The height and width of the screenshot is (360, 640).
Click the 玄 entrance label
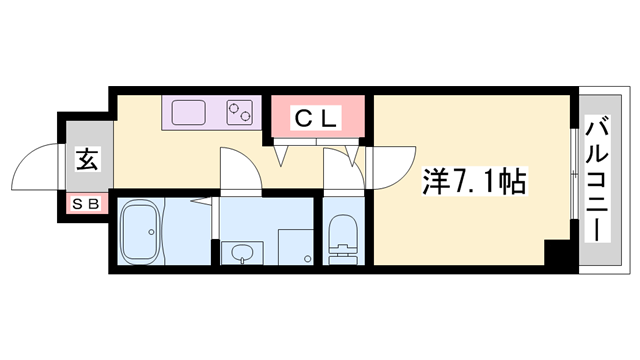point(86,160)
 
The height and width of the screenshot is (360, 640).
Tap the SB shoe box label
point(86,203)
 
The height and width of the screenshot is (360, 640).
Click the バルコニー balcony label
point(597,180)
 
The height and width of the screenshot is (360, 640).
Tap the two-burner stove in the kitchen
point(241,111)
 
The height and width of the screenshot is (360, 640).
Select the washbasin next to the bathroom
point(241,255)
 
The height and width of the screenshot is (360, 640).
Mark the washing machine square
point(297,245)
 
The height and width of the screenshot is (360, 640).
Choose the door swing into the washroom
point(241,168)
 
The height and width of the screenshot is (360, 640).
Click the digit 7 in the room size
point(457,184)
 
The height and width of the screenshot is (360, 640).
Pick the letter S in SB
point(78,203)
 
